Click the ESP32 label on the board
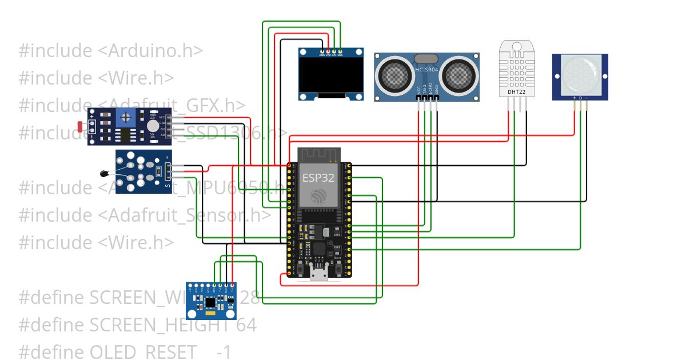point(318,177)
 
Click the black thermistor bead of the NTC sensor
point(103,174)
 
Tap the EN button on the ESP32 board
point(300,267)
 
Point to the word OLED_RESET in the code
point(139,352)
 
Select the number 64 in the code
point(247,325)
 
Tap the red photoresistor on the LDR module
point(79,126)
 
